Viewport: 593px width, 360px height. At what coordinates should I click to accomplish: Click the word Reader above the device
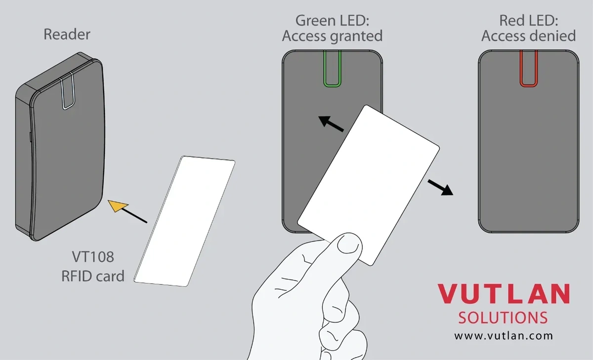[x=67, y=35]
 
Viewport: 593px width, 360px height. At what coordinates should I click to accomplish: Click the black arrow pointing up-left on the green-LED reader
[x=331, y=124]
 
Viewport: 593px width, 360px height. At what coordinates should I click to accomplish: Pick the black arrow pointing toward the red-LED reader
[x=440, y=187]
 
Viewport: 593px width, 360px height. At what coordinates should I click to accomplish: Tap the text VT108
[x=93, y=257]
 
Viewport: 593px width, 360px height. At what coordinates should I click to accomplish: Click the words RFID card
[x=93, y=276]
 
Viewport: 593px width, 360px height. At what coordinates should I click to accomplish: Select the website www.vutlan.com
[x=504, y=336]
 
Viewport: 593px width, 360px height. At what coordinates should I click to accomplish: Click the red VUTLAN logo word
[x=504, y=294]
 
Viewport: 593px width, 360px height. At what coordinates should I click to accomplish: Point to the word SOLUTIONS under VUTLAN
[x=503, y=318]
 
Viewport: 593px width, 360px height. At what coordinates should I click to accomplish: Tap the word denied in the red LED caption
[x=552, y=36]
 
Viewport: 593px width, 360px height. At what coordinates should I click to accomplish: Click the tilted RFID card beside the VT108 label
[x=184, y=221]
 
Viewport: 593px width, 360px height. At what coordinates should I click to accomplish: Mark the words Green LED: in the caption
[x=332, y=21]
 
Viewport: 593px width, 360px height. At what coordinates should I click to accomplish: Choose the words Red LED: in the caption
[x=529, y=21]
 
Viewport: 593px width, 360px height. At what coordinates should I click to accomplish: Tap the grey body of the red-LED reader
[x=529, y=159]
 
